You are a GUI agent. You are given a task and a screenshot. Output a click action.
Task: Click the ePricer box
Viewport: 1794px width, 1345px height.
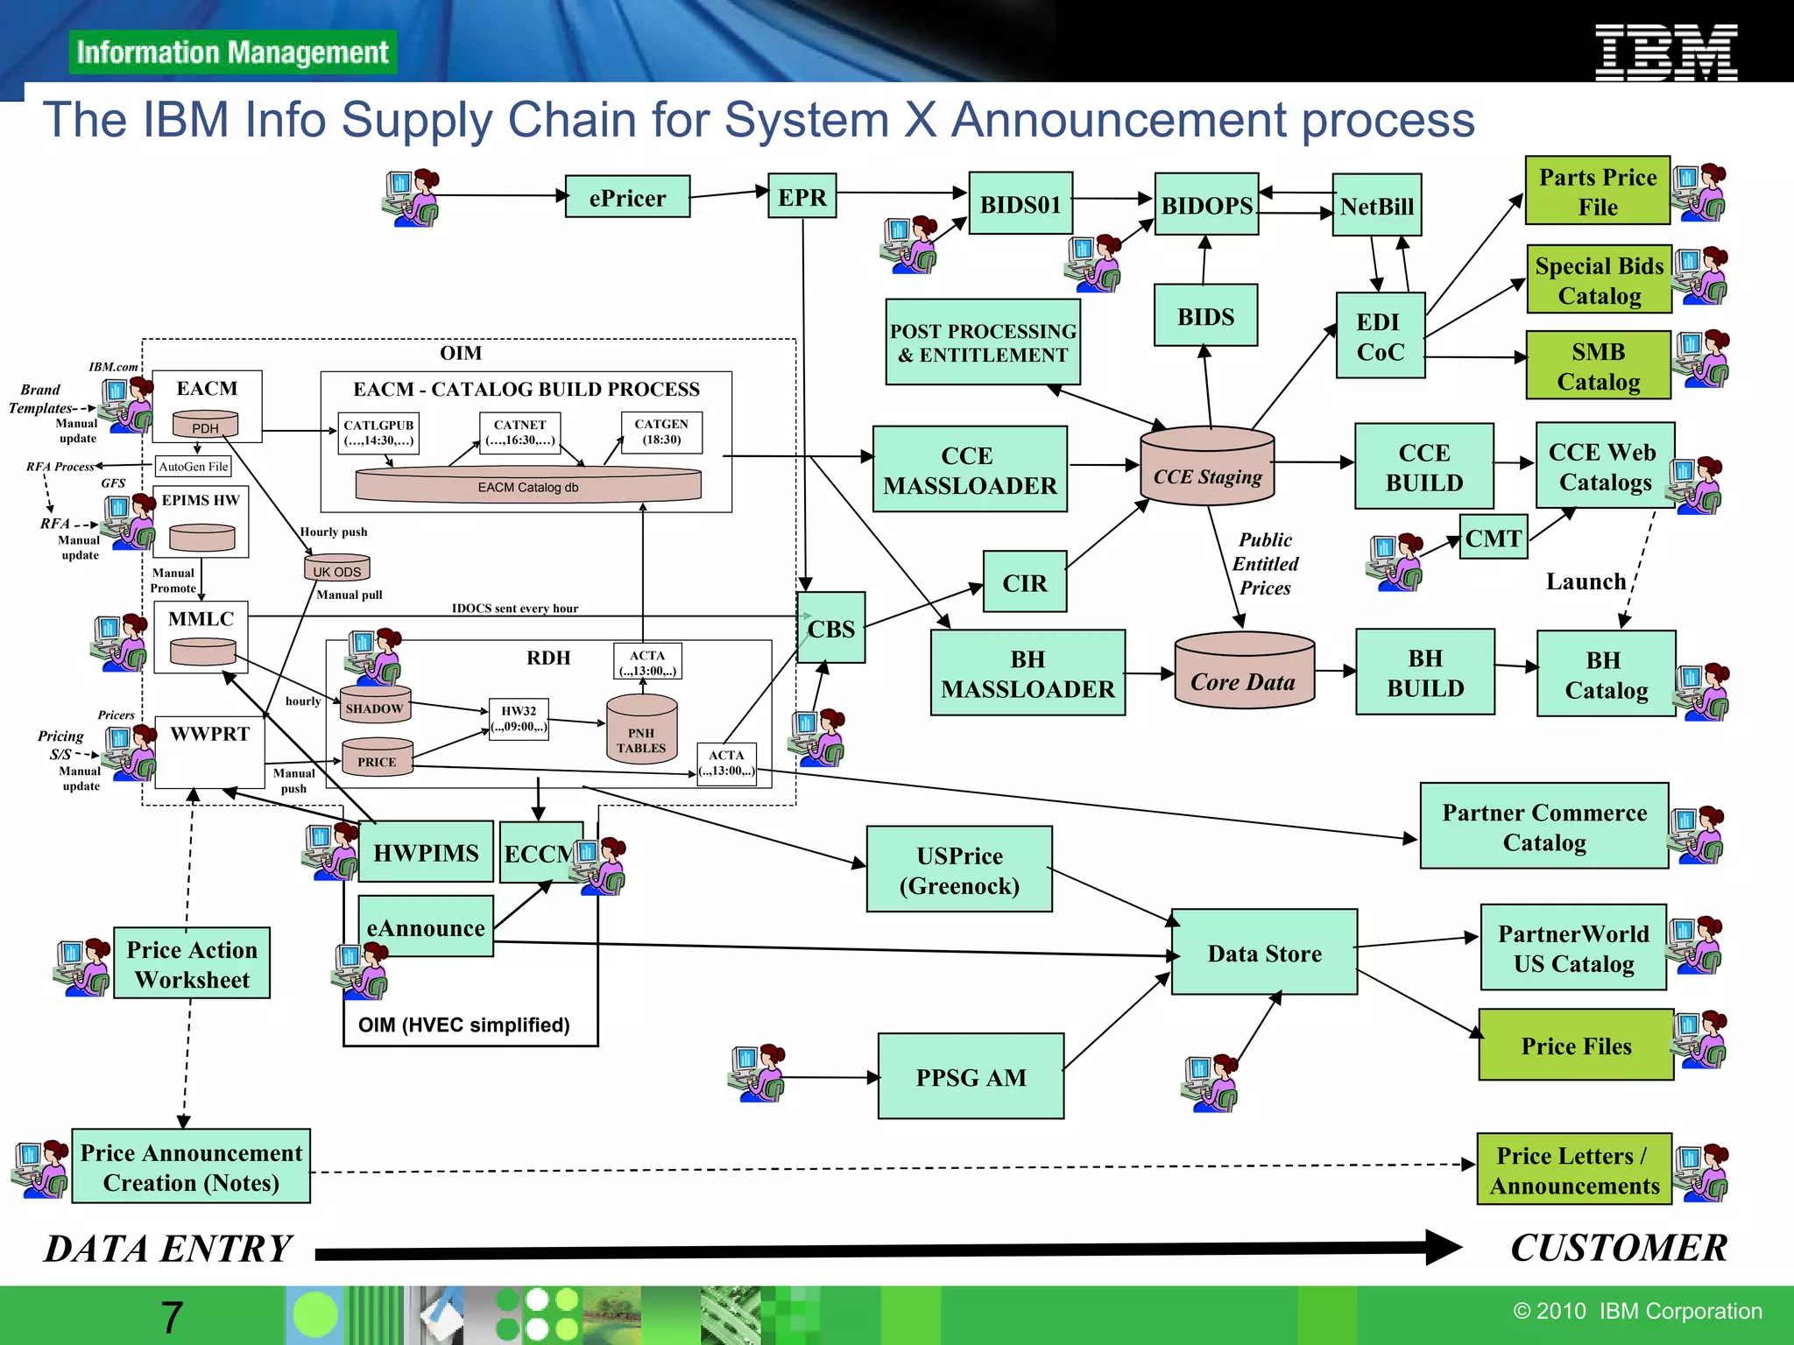(627, 197)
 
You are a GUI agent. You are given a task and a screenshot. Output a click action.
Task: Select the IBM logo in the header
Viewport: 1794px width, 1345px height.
(1665, 52)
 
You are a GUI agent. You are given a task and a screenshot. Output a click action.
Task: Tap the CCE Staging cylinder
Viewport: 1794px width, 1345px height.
(1207, 467)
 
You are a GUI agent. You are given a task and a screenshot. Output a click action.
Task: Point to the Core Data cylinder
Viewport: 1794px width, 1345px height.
(1243, 671)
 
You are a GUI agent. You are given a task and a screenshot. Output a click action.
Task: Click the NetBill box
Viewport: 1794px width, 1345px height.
(1376, 206)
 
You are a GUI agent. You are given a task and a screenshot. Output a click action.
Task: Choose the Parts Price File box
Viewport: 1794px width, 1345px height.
(1597, 191)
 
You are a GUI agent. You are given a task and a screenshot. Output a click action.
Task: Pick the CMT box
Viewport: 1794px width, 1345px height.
(1494, 537)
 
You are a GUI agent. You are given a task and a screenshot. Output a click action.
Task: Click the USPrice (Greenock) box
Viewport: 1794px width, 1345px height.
(959, 870)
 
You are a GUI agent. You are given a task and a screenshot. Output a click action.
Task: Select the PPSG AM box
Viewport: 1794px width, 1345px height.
(971, 1076)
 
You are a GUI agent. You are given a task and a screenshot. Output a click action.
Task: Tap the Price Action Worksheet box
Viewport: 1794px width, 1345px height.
(192, 963)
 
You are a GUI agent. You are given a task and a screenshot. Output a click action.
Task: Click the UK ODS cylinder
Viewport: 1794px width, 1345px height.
(337, 568)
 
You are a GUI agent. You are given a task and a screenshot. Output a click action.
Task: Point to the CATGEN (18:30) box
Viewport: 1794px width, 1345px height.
(661, 432)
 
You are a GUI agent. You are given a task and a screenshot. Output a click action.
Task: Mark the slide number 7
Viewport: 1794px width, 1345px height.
(172, 1317)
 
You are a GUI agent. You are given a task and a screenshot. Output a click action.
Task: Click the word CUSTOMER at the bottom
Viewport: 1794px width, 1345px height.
(1618, 1248)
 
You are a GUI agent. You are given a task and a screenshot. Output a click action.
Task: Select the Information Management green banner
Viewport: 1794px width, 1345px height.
(232, 53)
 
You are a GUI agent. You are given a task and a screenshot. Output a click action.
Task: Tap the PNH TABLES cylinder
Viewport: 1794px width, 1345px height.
(641, 730)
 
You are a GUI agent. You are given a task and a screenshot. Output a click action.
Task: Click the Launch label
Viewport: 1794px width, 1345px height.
(1586, 581)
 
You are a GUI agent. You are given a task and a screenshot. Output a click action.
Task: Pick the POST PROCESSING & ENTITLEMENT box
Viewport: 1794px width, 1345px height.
(982, 342)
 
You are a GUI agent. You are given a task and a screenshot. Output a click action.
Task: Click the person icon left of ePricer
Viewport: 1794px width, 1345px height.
(411, 198)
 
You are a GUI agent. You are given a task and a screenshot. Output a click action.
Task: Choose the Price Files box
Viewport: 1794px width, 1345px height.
(1575, 1045)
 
